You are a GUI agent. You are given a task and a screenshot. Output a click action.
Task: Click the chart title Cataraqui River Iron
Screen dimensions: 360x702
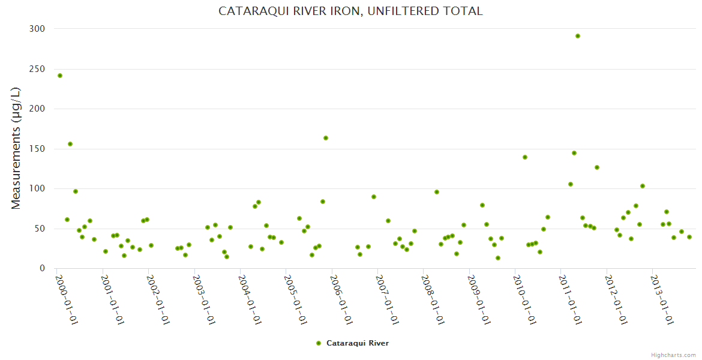pos(350,11)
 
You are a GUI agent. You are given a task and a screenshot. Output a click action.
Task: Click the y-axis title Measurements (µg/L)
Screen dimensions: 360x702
pos(16,148)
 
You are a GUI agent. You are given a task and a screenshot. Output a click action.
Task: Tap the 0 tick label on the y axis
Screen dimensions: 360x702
pos(42,268)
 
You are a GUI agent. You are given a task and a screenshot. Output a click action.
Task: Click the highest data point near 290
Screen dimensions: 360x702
pos(578,36)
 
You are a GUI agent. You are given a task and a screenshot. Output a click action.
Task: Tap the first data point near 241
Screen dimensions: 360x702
pos(60,76)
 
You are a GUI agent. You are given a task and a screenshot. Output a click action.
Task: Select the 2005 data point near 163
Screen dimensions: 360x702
pos(326,138)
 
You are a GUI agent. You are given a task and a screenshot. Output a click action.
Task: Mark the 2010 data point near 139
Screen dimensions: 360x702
pos(525,157)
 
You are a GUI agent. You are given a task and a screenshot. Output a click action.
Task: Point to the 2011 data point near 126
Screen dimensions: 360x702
pos(597,167)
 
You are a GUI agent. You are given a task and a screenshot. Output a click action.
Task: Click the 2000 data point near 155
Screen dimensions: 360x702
pos(70,144)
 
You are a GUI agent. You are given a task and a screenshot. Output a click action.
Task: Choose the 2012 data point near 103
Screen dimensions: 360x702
pos(643,186)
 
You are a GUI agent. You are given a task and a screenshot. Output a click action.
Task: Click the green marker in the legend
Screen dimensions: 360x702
pos(319,343)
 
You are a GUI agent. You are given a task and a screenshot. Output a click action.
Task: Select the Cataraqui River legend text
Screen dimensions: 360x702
pos(358,343)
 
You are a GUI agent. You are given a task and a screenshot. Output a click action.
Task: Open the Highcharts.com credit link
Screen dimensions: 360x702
pos(674,355)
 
